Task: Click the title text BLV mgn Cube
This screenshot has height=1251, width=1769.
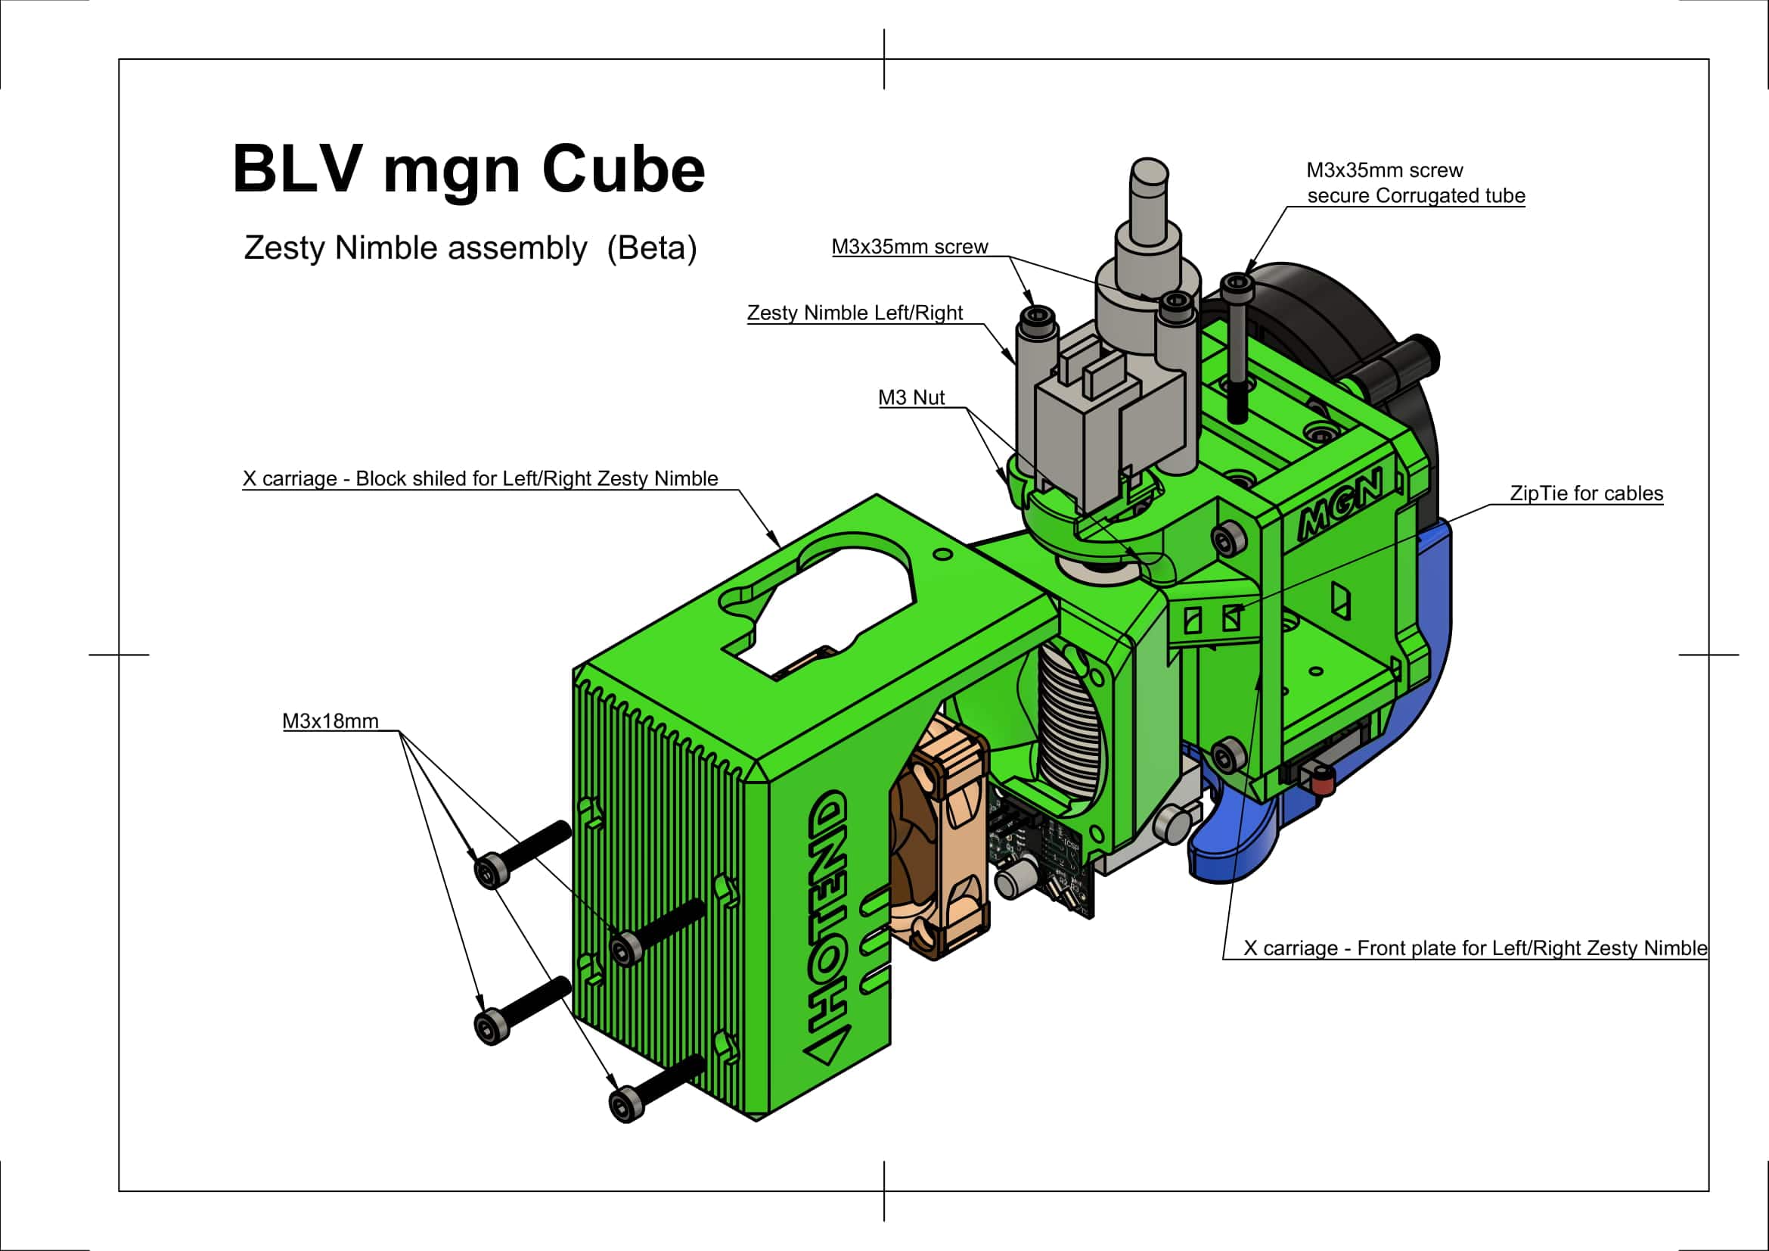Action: (x=468, y=170)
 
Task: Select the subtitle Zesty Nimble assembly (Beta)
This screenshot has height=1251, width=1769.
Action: (x=470, y=248)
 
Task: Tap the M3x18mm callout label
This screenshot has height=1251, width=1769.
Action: (x=331, y=721)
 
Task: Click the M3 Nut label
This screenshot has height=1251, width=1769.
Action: (x=911, y=398)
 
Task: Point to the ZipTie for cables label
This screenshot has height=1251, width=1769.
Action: (x=1586, y=493)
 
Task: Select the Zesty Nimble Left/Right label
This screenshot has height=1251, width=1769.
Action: (x=855, y=313)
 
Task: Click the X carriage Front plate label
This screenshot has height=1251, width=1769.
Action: (x=1475, y=948)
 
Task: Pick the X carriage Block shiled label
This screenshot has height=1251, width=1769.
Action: (x=480, y=478)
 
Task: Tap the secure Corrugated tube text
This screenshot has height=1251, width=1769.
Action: (x=1416, y=196)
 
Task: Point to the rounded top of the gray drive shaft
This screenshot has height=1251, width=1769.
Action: (x=1148, y=173)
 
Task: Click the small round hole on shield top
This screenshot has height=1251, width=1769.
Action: (x=943, y=554)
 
